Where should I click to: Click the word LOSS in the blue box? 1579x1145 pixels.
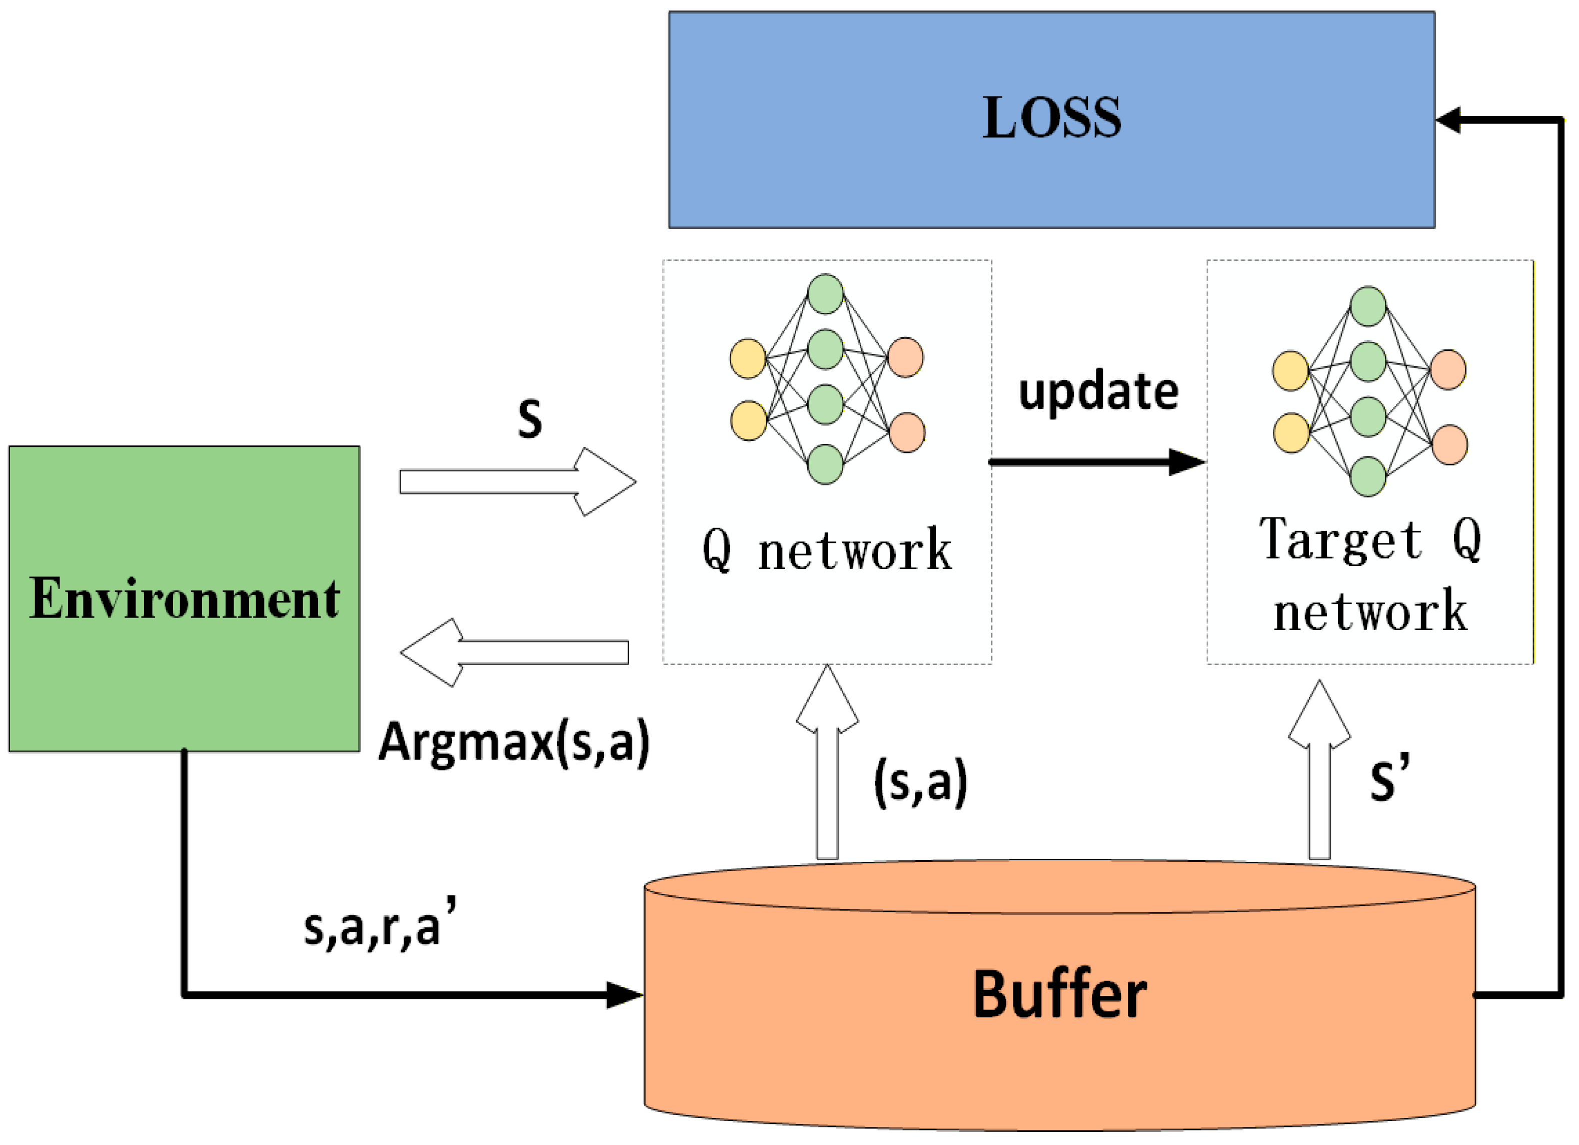(1051, 118)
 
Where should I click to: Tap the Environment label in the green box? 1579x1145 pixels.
(185, 598)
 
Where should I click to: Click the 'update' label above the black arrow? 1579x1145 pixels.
(1099, 392)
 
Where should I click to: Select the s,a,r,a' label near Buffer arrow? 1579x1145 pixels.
(380, 923)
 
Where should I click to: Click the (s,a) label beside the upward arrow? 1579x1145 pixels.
(920, 782)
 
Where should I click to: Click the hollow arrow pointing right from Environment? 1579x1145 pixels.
(517, 482)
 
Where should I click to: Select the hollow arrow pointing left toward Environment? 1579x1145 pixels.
(514, 653)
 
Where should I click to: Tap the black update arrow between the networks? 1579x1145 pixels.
(1098, 462)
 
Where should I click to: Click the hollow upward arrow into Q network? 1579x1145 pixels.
(827, 762)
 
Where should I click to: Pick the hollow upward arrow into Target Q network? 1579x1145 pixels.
(1319, 770)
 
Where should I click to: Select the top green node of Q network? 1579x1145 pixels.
(826, 294)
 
